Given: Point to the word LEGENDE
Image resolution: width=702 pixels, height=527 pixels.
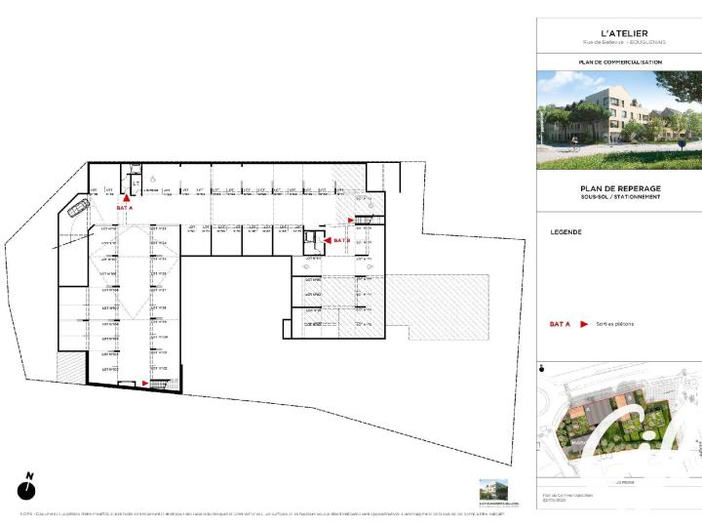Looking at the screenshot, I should click(x=565, y=232).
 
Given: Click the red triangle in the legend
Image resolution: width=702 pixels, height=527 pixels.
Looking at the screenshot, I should click(x=583, y=323).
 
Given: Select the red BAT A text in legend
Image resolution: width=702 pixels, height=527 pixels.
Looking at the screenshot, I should click(x=559, y=323).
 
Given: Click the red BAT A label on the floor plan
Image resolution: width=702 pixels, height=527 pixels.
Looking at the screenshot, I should click(x=124, y=209).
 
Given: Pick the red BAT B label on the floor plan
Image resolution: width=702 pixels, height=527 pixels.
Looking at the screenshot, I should click(x=340, y=240).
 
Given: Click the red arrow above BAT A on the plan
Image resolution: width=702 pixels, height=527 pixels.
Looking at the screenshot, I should click(x=125, y=198).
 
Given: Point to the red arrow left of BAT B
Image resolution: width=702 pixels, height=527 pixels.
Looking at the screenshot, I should click(x=327, y=239).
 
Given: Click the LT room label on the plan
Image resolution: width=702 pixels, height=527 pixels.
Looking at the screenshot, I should click(x=136, y=182).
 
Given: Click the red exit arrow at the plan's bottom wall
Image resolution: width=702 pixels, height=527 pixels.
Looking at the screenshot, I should click(x=146, y=385).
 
